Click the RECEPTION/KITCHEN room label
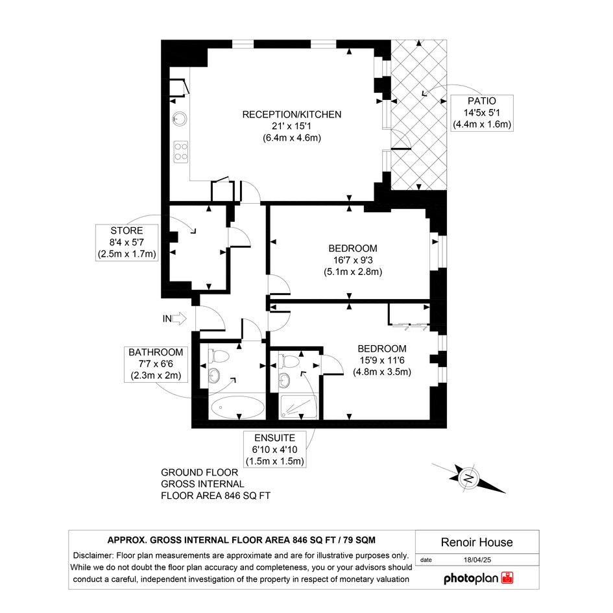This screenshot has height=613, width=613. pyautogui.click(x=292, y=126)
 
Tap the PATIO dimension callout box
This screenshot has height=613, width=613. pyautogui.click(x=481, y=113)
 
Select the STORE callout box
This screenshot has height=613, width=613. pyautogui.click(x=126, y=243)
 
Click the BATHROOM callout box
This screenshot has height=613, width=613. pyautogui.click(x=156, y=364)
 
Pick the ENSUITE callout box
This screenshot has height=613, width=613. pyautogui.click(x=275, y=449)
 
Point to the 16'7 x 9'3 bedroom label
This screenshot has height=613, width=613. pyautogui.click(x=353, y=260)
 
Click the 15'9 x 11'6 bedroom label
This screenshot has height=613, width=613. pyautogui.click(x=382, y=360)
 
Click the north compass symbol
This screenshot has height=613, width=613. pyautogui.click(x=469, y=477)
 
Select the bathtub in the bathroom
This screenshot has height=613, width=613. pyautogui.click(x=237, y=407)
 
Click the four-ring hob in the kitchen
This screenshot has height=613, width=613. pyautogui.click(x=180, y=151)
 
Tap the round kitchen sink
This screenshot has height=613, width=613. pyautogui.click(x=180, y=118)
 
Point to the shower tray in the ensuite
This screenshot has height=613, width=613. pyautogui.click(x=298, y=407)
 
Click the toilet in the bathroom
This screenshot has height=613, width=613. pyautogui.click(x=220, y=356)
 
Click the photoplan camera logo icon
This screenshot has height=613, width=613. pyautogui.click(x=507, y=578)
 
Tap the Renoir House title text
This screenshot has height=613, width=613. pyautogui.click(x=477, y=542)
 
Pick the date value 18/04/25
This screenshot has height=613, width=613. pyautogui.click(x=477, y=560)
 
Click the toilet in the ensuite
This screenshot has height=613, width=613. pyautogui.click(x=288, y=361)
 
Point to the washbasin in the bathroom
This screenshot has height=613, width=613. pyautogui.click(x=214, y=376)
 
